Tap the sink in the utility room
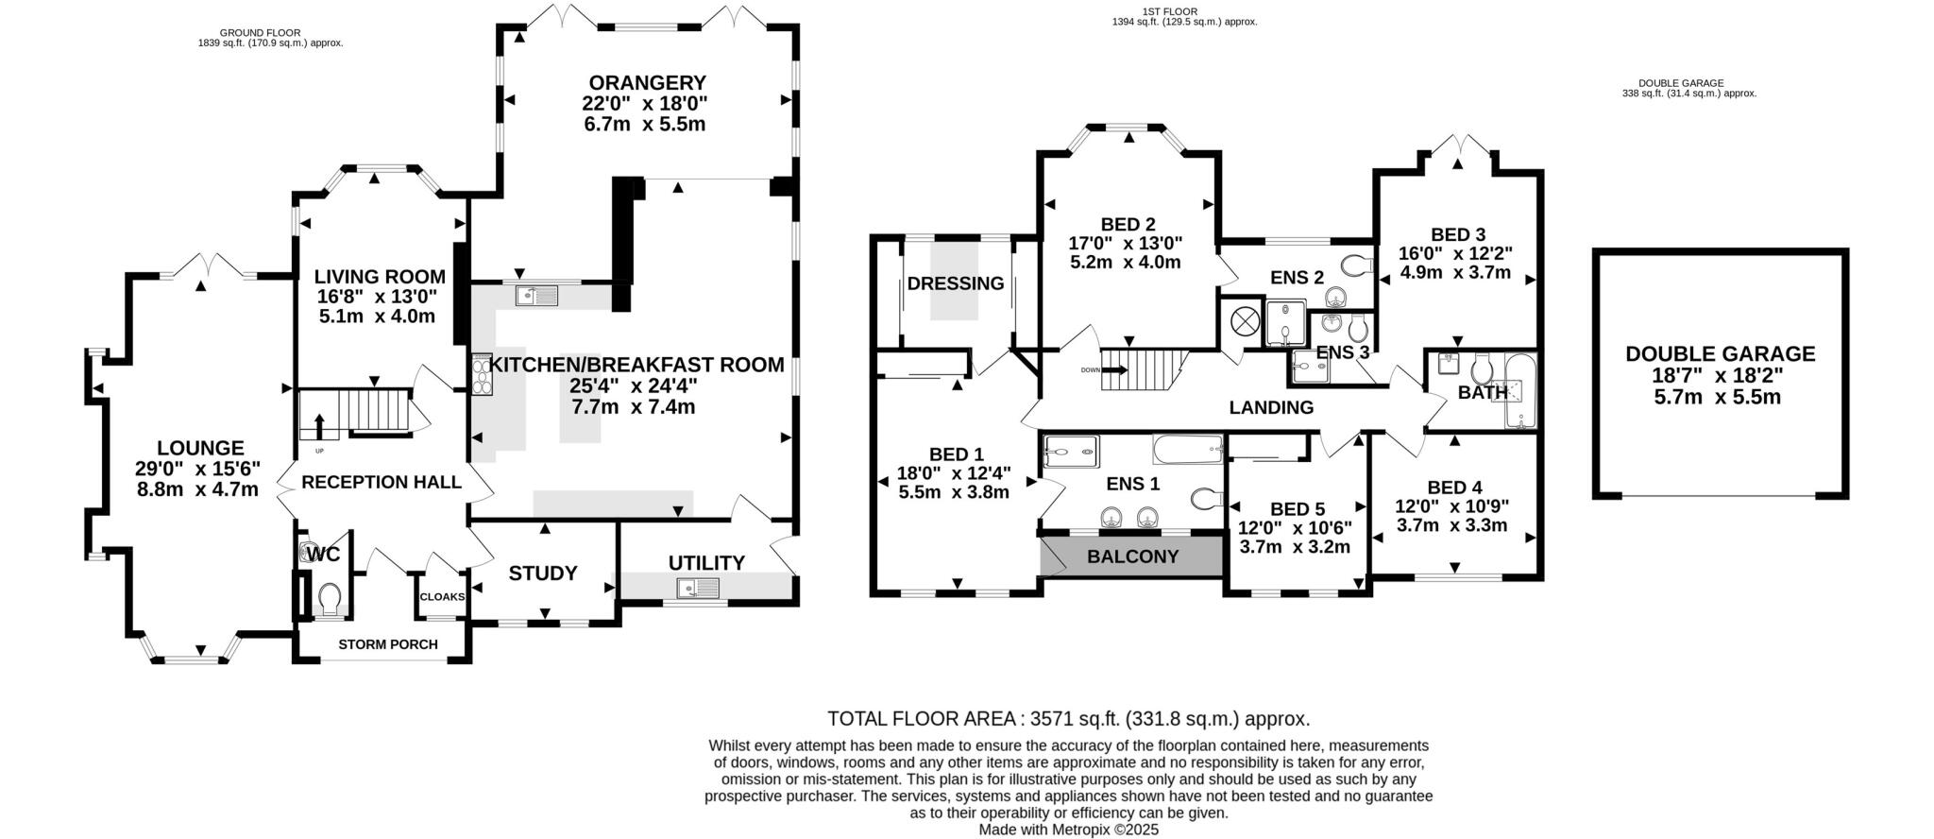[x=698, y=589]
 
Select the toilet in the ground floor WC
[x=330, y=598]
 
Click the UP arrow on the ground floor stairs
[x=319, y=426]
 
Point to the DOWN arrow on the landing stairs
[x=1113, y=370]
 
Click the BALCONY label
[x=1132, y=556]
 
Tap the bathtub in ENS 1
[x=1188, y=449]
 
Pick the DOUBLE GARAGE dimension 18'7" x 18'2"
[x=1720, y=375]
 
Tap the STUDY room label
[x=543, y=574]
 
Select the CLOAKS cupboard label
[x=442, y=597]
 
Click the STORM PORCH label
[x=388, y=644]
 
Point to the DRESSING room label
[x=955, y=283]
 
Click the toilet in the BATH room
[x=1481, y=368]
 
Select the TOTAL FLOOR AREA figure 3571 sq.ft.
[x=1068, y=718]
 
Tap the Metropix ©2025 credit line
[x=1068, y=830]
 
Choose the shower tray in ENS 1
[x=1072, y=452]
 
